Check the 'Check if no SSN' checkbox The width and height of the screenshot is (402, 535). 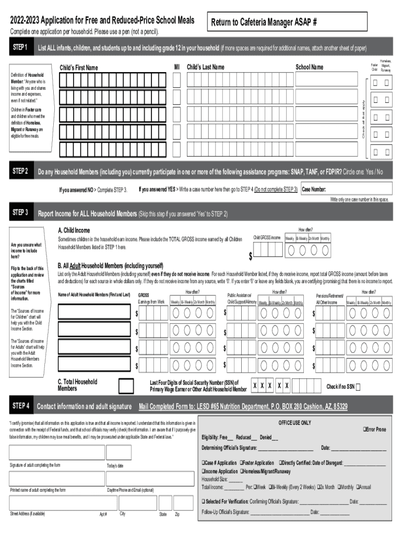[x=358, y=387]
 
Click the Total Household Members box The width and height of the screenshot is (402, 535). [x=125, y=386]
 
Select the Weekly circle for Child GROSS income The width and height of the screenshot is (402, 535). [x=290, y=250]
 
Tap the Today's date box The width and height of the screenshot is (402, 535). [x=119, y=452]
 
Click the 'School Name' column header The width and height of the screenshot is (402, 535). [x=309, y=67]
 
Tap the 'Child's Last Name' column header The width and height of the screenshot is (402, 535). [x=205, y=67]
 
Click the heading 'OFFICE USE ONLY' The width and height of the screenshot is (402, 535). [x=294, y=422]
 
